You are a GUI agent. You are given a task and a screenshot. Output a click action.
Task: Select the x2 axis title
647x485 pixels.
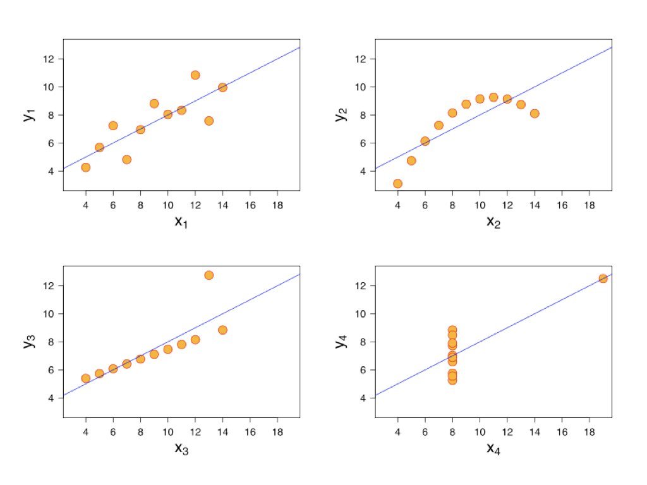pyautogui.click(x=493, y=222)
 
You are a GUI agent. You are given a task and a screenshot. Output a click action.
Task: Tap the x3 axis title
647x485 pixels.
pyautogui.click(x=182, y=449)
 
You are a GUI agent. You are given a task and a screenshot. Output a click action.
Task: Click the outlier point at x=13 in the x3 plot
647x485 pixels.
pyautogui.click(x=209, y=275)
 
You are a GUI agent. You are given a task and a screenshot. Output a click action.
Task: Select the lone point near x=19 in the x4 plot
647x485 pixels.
pyautogui.click(x=603, y=278)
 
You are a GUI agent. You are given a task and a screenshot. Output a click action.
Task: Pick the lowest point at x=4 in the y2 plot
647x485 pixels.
pyautogui.click(x=397, y=184)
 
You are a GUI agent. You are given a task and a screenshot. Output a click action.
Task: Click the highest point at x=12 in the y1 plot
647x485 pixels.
pyautogui.click(x=195, y=75)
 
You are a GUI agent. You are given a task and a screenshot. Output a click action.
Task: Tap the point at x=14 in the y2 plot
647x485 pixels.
pyautogui.click(x=535, y=114)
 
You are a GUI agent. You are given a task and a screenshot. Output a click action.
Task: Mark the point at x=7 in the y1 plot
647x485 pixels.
pyautogui.click(x=126, y=160)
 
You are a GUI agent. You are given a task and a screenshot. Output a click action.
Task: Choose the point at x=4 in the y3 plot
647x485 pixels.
pyautogui.click(x=85, y=378)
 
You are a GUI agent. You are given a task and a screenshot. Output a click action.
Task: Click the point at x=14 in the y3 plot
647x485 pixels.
pyautogui.click(x=222, y=330)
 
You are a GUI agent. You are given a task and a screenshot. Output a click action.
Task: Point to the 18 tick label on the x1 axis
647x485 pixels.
pyautogui.click(x=277, y=205)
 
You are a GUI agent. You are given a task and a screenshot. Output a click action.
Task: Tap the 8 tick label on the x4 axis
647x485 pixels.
pyautogui.click(x=452, y=432)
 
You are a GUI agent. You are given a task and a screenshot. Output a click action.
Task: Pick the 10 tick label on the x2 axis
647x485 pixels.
pyautogui.click(x=480, y=205)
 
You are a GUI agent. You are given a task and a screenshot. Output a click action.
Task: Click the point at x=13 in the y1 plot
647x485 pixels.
pyautogui.click(x=209, y=121)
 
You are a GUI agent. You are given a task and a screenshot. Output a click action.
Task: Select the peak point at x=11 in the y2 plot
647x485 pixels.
pyautogui.click(x=493, y=97)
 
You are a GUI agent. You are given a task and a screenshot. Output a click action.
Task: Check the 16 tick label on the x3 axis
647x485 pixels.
pyautogui.click(x=250, y=432)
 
